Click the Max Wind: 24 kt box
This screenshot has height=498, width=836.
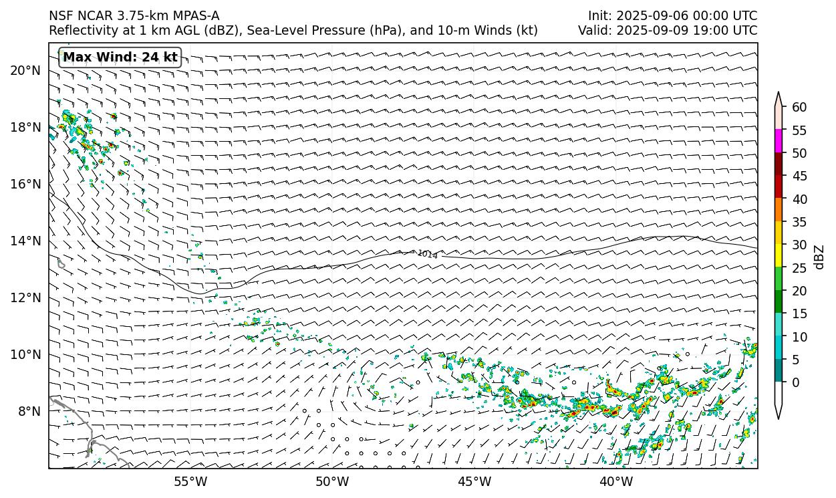[x=120, y=57]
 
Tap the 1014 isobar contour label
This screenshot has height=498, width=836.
[x=427, y=254]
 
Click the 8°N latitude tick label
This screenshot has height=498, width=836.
[x=29, y=411]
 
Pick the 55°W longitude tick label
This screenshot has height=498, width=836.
[x=190, y=481]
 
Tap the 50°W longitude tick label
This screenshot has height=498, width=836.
[x=332, y=481]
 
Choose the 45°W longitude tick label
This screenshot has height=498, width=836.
[x=474, y=481]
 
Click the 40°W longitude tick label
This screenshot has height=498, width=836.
[x=616, y=481]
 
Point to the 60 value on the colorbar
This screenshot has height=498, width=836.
[x=799, y=107]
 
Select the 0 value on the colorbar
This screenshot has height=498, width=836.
[x=796, y=382]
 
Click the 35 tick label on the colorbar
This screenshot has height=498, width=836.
[x=799, y=222]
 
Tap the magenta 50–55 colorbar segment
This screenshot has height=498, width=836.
[x=779, y=141]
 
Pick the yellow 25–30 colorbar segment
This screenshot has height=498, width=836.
[x=779, y=256]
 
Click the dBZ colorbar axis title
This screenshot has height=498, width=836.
[x=820, y=257]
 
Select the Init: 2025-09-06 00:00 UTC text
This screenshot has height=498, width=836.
[x=672, y=15]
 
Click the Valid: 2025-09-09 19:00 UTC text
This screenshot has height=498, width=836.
[x=668, y=30]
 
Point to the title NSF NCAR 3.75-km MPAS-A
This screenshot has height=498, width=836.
[x=134, y=15]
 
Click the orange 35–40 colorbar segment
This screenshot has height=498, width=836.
[x=779, y=210]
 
